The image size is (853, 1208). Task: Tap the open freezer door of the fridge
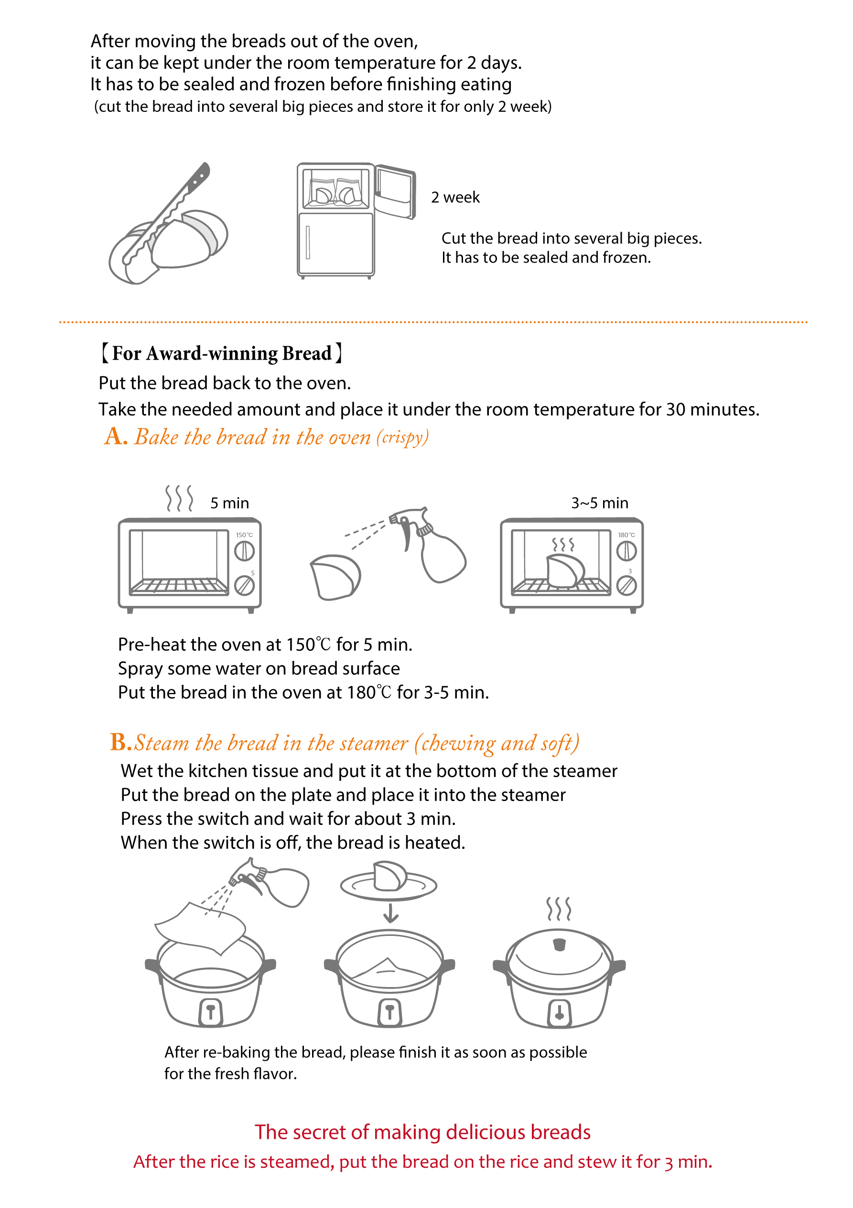pyautogui.click(x=396, y=191)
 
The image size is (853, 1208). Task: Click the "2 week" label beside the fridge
pyautogui.click(x=455, y=198)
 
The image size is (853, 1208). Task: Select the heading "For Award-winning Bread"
pyautogui.click(x=221, y=353)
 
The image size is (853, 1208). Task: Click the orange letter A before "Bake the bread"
pyautogui.click(x=115, y=436)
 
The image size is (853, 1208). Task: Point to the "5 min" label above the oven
pyautogui.click(x=230, y=503)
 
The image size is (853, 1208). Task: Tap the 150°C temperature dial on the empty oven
pyautogui.click(x=245, y=551)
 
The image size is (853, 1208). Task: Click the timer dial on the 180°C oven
pyautogui.click(x=626, y=585)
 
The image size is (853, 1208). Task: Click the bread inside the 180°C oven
pyautogui.click(x=565, y=571)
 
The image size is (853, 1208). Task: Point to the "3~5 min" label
pyautogui.click(x=600, y=503)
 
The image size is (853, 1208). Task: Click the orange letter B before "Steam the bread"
pyautogui.click(x=120, y=742)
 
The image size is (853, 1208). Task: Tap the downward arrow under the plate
pyautogui.click(x=390, y=913)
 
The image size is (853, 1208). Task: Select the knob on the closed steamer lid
pyautogui.click(x=560, y=945)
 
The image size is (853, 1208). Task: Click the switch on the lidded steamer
pyautogui.click(x=560, y=1013)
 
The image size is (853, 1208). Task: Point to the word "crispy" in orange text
pyautogui.click(x=402, y=438)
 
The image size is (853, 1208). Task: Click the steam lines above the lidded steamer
pyautogui.click(x=559, y=909)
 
